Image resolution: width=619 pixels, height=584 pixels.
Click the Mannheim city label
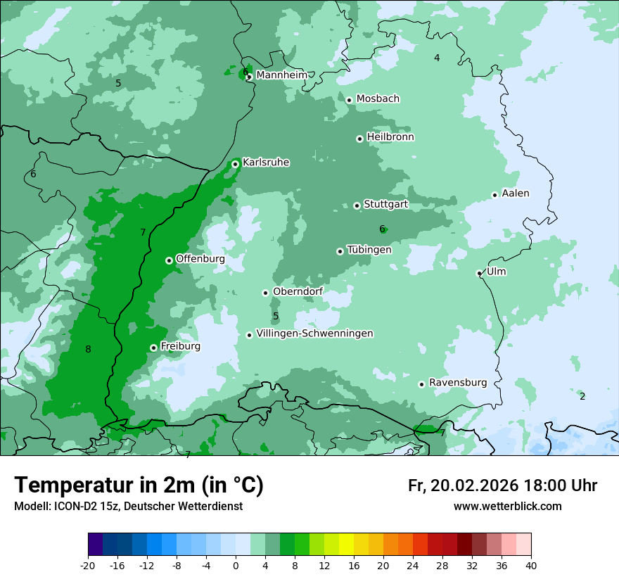281,75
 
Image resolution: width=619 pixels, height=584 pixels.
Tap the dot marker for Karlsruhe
236,164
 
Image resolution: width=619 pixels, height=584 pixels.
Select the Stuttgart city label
385,204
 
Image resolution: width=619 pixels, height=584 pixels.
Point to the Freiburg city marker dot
153,348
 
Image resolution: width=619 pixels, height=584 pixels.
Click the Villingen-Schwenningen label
314,334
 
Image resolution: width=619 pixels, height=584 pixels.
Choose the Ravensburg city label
457,382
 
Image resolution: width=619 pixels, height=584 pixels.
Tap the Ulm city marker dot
479,273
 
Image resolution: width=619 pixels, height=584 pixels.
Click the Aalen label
515,193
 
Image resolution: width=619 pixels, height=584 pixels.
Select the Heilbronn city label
390,137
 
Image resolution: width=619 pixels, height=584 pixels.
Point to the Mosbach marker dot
349,100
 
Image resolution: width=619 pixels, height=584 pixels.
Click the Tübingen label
369,250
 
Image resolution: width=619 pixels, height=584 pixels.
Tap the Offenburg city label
200,258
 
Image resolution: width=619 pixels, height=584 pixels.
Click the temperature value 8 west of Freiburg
88,350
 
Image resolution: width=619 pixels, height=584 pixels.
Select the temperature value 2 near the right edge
582,396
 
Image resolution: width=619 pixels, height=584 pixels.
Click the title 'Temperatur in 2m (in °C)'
139,485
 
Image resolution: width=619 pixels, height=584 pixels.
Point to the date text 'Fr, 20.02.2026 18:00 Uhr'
502,485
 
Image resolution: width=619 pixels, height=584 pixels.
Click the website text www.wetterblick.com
507,506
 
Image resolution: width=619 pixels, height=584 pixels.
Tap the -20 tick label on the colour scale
88,565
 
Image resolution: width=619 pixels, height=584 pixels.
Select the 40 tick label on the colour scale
530,565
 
